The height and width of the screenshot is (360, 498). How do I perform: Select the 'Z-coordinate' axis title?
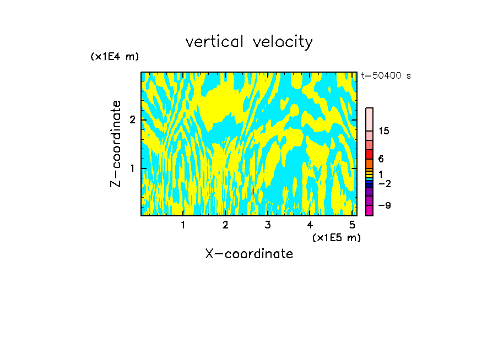116,144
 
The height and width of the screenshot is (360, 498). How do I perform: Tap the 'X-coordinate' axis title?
249,254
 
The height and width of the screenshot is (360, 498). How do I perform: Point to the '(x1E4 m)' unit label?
115,56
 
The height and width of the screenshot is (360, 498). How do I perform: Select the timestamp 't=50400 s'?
386,76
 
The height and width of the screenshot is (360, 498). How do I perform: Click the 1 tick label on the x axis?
183,225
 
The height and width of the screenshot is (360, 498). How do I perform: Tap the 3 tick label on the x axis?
268,225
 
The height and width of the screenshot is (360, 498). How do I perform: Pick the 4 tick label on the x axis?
310,225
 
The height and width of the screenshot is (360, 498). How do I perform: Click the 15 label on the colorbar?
384,131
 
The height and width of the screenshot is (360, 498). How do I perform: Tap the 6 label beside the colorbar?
381,159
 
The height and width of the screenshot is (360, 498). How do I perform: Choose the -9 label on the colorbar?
384,205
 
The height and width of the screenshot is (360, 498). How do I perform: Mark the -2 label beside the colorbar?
384,183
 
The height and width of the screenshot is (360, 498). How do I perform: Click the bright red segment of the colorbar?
369,154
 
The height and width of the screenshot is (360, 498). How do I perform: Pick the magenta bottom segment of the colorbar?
369,210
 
